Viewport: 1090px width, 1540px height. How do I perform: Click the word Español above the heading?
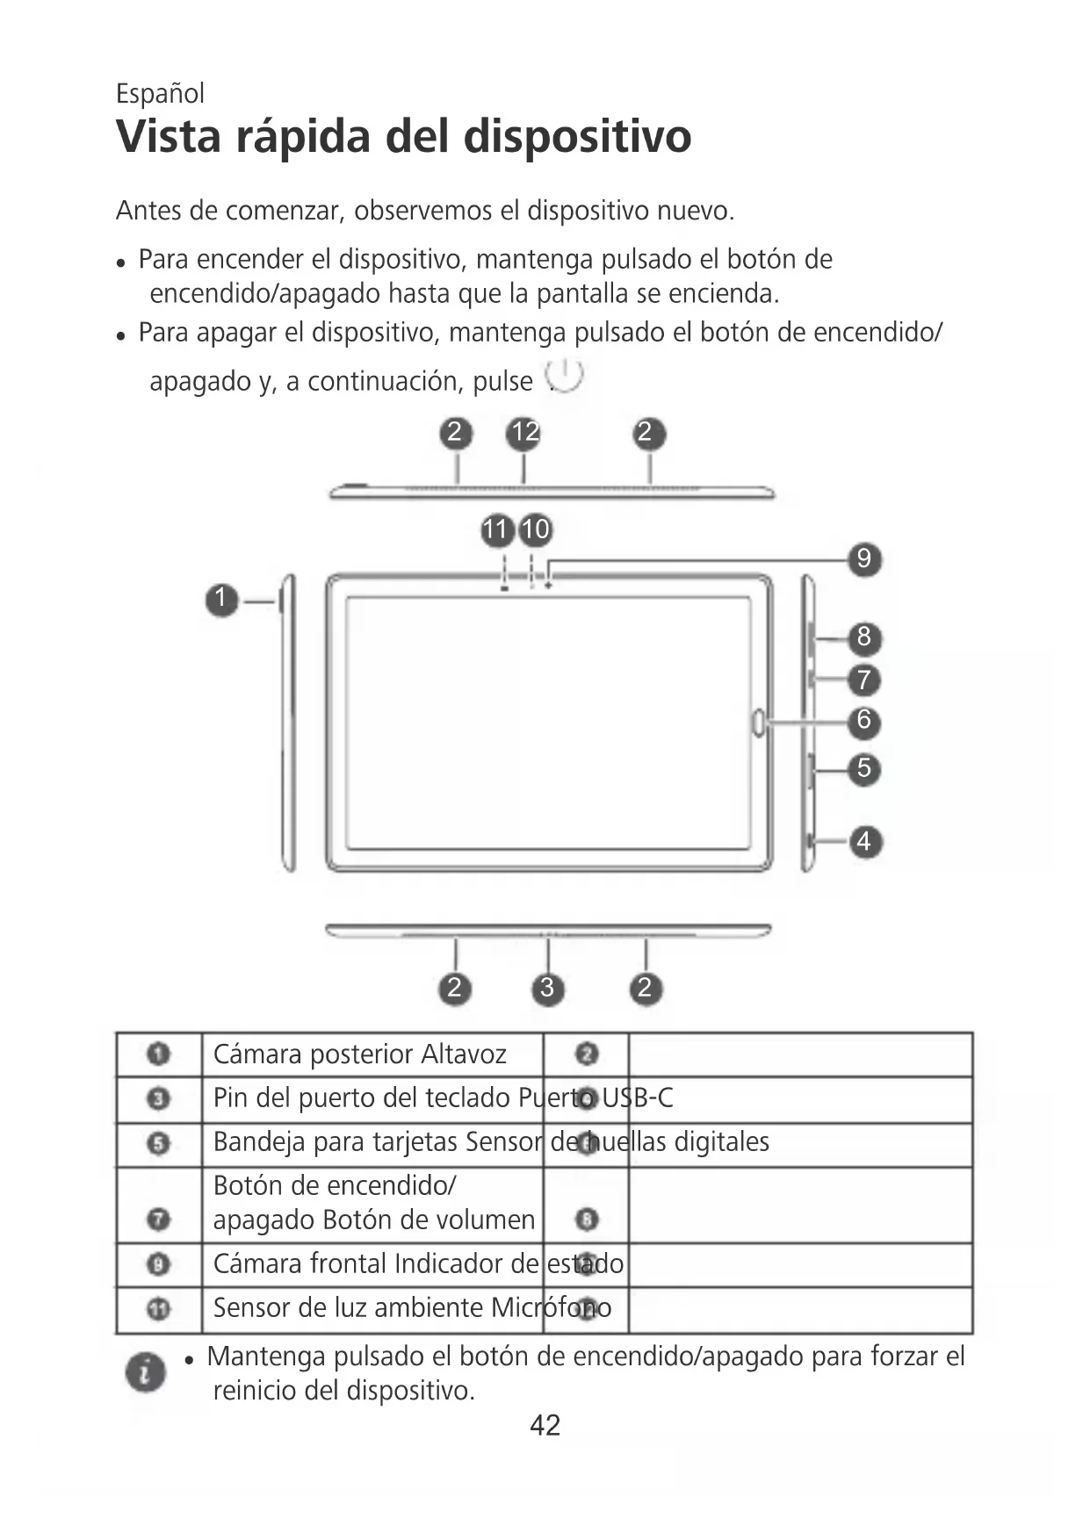pos(160,93)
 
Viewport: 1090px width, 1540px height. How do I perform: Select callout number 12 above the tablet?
pos(524,433)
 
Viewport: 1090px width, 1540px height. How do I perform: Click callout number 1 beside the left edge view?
pos(222,600)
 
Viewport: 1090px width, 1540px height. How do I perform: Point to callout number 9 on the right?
pos(864,559)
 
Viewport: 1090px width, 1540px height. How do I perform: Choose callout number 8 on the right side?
pos(864,637)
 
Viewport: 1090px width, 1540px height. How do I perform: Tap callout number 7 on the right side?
pos(864,680)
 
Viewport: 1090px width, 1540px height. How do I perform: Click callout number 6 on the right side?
pos(864,721)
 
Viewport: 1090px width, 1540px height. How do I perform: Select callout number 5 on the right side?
pos(864,768)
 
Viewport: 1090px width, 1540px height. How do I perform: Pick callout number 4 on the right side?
pos(864,841)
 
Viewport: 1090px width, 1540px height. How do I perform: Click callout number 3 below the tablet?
pos(547,989)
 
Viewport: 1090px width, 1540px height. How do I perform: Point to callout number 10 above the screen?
pos(536,529)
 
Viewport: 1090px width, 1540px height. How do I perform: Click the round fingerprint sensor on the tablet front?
pos(758,722)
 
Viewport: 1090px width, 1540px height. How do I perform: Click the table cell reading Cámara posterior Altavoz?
pos(360,1054)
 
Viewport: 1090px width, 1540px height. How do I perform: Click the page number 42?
pos(545,1425)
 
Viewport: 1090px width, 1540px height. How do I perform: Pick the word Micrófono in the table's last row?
pos(551,1307)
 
